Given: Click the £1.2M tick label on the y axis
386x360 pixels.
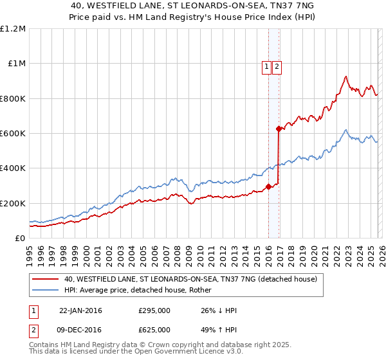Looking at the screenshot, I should click(x=13, y=29).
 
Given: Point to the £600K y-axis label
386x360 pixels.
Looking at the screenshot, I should click(x=13, y=134).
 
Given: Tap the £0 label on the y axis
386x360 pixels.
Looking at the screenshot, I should click(x=20, y=239).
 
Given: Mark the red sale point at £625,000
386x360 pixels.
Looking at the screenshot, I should click(x=278, y=129).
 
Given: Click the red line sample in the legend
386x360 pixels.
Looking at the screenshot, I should click(x=45, y=280).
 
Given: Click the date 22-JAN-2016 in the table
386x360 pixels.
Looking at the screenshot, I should click(x=80, y=310).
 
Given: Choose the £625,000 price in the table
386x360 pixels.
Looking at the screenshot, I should click(x=154, y=329).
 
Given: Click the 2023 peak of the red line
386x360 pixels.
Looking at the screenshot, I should click(x=345, y=76).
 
